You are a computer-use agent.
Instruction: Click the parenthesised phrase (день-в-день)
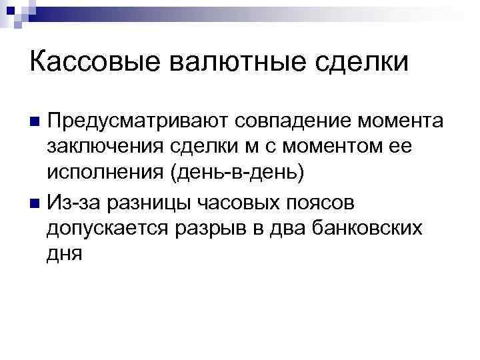(x=238, y=173)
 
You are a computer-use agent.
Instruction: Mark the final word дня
(x=65, y=253)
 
